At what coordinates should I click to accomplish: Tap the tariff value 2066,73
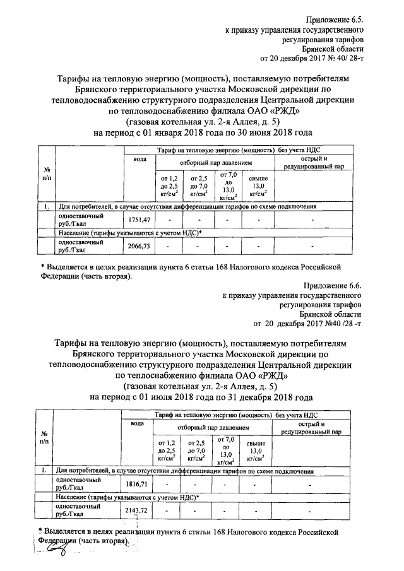tap(138, 245)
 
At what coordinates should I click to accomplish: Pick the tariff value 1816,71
tap(138, 483)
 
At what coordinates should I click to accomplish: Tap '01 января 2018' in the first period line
tap(170, 133)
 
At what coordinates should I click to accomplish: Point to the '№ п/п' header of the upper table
tap(47, 173)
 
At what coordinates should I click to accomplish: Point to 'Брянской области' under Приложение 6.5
tap(332, 50)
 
